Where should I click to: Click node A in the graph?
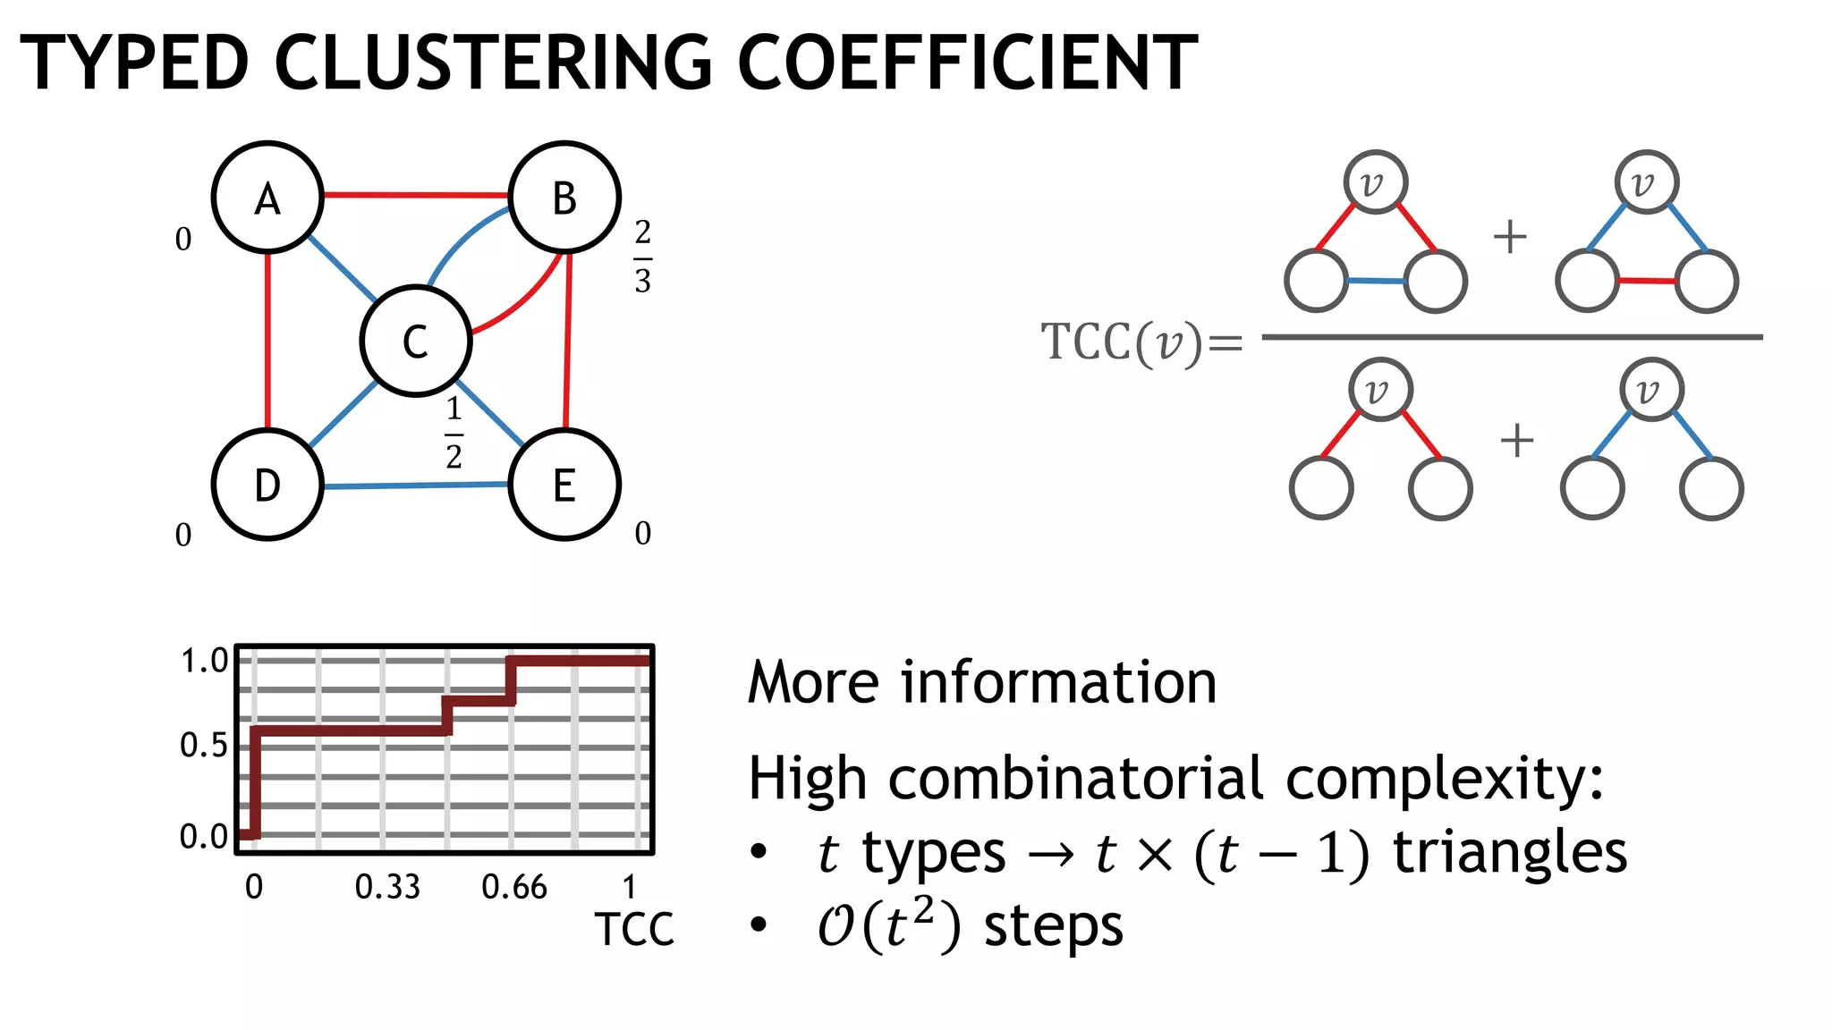(x=267, y=197)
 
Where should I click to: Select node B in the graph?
(x=564, y=197)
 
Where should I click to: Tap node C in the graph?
(x=416, y=341)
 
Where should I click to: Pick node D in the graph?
(x=267, y=485)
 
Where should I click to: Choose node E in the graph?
(x=564, y=485)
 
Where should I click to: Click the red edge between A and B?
(x=416, y=194)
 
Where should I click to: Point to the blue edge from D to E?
(x=416, y=485)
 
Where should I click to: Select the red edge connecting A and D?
(x=267, y=341)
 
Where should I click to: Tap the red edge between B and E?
(x=567, y=341)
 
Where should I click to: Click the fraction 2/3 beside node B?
(x=642, y=257)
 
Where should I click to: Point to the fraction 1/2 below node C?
(x=454, y=433)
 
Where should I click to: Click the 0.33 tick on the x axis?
(x=387, y=887)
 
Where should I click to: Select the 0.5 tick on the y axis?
(x=204, y=745)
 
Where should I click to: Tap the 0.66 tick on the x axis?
(x=514, y=887)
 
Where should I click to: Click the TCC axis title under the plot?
(x=634, y=930)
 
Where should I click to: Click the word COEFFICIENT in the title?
(x=967, y=63)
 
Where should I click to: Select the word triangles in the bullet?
(x=1510, y=852)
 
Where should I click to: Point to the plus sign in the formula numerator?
(x=1510, y=237)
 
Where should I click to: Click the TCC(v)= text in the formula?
(x=1141, y=342)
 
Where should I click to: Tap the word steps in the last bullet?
(x=1053, y=926)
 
